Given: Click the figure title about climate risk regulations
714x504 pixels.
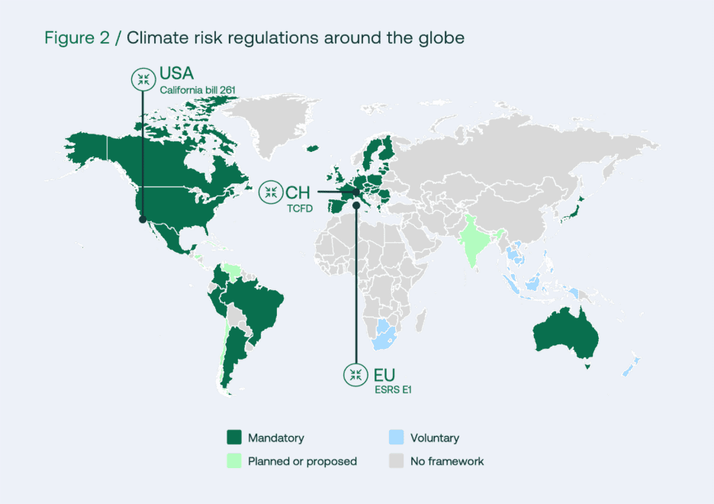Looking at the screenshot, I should (x=254, y=38).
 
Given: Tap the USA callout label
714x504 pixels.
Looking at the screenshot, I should (x=176, y=74).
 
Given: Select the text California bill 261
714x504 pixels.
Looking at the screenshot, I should (x=197, y=90).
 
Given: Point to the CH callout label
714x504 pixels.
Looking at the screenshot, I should (x=297, y=192).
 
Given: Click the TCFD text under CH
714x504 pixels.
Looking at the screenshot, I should (x=299, y=207).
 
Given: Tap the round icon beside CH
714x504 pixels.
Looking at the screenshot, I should (x=270, y=192).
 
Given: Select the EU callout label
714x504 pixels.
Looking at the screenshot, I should (x=384, y=374).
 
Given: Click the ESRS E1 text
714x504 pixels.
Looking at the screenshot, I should (x=393, y=389).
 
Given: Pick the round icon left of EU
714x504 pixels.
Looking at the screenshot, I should (x=355, y=375).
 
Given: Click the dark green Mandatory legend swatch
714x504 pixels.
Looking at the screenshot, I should (x=234, y=438).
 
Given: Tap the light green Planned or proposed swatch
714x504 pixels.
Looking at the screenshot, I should (x=234, y=460).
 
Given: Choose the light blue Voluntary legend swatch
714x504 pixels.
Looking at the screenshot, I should (x=396, y=438).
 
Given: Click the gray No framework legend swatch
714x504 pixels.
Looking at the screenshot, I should (x=396, y=460).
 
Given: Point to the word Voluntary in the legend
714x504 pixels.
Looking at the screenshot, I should (x=435, y=438).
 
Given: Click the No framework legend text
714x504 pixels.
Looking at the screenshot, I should (x=447, y=461).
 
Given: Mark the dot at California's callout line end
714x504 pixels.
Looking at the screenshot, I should (x=142, y=219).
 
